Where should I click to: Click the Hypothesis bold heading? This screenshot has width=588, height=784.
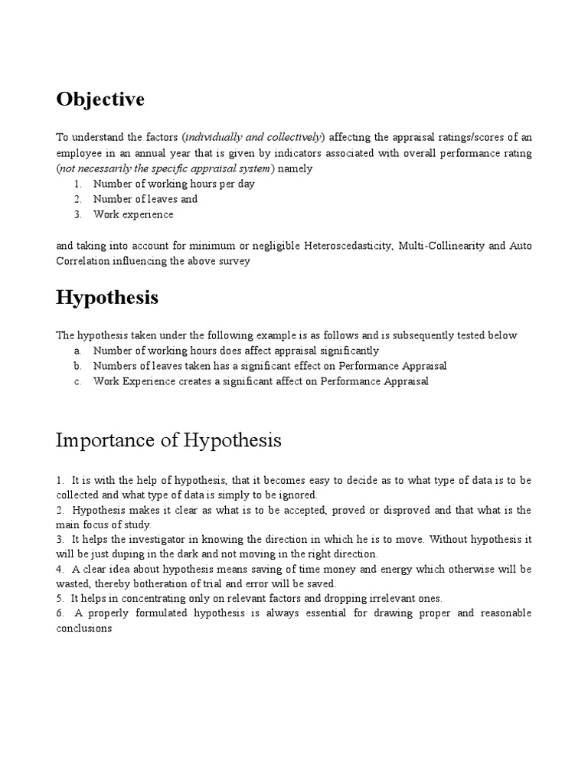(x=107, y=298)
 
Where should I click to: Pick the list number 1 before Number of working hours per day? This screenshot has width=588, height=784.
(x=78, y=184)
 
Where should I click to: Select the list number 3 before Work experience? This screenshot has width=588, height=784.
(x=78, y=214)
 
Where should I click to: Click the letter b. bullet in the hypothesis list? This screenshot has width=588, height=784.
(x=78, y=366)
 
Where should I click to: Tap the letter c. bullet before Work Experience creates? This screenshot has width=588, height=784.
(x=78, y=381)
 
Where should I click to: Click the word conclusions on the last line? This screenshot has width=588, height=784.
(x=84, y=629)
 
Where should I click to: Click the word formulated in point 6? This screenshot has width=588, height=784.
(x=173, y=614)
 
